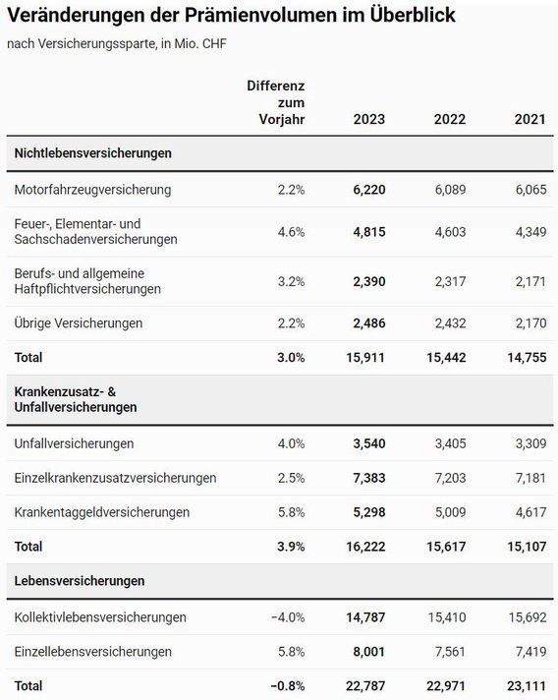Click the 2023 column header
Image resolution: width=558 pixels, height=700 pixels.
coord(368,119)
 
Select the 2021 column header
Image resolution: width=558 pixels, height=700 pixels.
coord(530,119)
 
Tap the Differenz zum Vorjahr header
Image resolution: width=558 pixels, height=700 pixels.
coord(276,102)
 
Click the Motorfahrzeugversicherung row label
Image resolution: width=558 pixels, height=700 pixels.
coord(92,190)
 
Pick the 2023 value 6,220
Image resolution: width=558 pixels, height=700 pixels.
coord(369,190)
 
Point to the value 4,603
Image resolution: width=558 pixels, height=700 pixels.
coord(451,232)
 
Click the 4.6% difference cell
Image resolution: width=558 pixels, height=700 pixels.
coord(291,232)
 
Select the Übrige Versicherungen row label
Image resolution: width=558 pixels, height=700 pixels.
coord(79,322)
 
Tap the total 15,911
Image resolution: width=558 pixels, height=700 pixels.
coord(365,357)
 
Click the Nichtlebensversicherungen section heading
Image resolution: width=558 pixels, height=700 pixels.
coord(92,153)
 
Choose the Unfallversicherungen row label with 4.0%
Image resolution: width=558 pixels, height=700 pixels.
coord(74,443)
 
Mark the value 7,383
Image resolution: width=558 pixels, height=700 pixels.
coord(369,478)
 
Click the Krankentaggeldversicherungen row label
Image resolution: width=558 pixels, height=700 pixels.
coord(102,512)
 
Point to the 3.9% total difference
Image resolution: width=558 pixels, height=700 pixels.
coord(291,547)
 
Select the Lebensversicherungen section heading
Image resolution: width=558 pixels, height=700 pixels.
coord(80,581)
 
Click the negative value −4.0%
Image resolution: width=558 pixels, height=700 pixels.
coord(288,617)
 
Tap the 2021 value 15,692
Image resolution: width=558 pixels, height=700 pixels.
coord(528,617)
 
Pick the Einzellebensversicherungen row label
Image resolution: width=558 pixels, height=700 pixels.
coord(92,652)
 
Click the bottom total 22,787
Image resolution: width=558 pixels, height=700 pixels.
coord(365,685)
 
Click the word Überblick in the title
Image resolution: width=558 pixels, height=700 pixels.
coord(413,15)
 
